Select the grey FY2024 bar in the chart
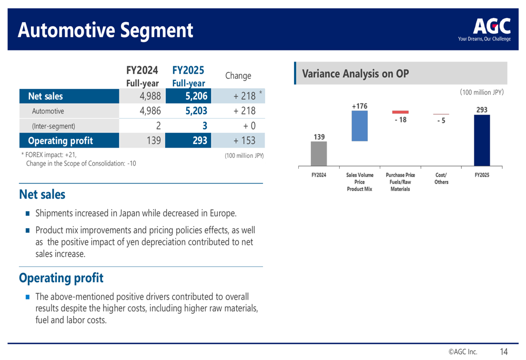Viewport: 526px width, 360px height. [319, 153]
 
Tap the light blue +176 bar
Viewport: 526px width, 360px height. [360, 126]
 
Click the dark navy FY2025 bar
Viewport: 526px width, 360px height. [482, 140]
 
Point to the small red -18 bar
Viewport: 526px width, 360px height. [400, 112]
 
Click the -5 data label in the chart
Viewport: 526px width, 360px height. [441, 120]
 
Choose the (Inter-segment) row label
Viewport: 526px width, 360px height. [54, 126]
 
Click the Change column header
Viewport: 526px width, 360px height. [238, 76]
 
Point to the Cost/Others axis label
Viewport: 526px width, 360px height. [441, 179]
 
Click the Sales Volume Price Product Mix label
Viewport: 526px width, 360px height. [360, 182]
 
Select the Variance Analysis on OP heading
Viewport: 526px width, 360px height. [356, 74]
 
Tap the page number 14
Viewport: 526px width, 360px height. [503, 352]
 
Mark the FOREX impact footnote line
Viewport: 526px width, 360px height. [49, 155]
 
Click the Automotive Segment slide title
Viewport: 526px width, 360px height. [105, 30]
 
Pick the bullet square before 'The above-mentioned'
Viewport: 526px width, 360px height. [27, 297]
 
